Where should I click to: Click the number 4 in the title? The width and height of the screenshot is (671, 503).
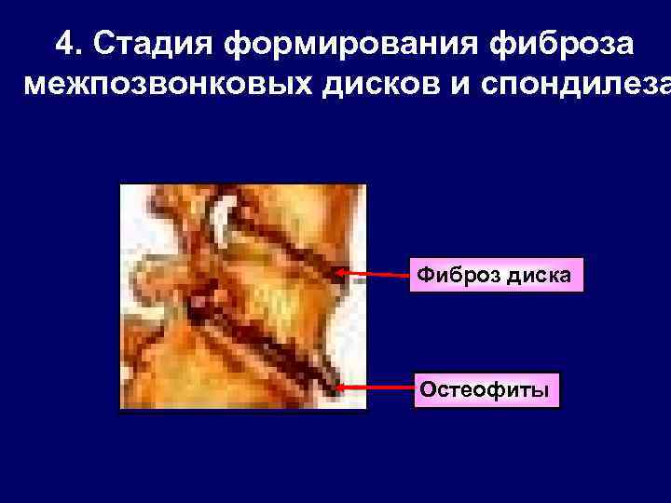[x=63, y=43]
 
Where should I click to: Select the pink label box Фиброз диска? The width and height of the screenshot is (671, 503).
[x=497, y=275]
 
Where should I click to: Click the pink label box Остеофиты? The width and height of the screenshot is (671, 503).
[x=488, y=388]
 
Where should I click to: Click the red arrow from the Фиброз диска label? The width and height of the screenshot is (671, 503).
[x=377, y=275]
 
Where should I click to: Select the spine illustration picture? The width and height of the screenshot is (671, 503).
[x=243, y=296]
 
